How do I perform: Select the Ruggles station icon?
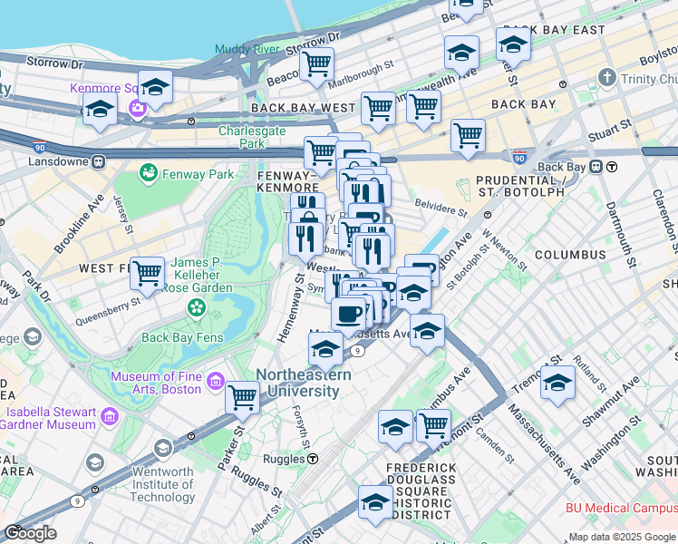(312, 459)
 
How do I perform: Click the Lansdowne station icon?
(97, 161)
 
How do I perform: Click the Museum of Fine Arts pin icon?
(216, 382)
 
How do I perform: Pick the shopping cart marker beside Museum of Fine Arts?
(242, 396)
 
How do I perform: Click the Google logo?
(30, 533)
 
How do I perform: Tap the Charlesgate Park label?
(241, 137)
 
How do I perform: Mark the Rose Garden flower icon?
(197, 310)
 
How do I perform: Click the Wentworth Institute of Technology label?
(163, 484)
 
